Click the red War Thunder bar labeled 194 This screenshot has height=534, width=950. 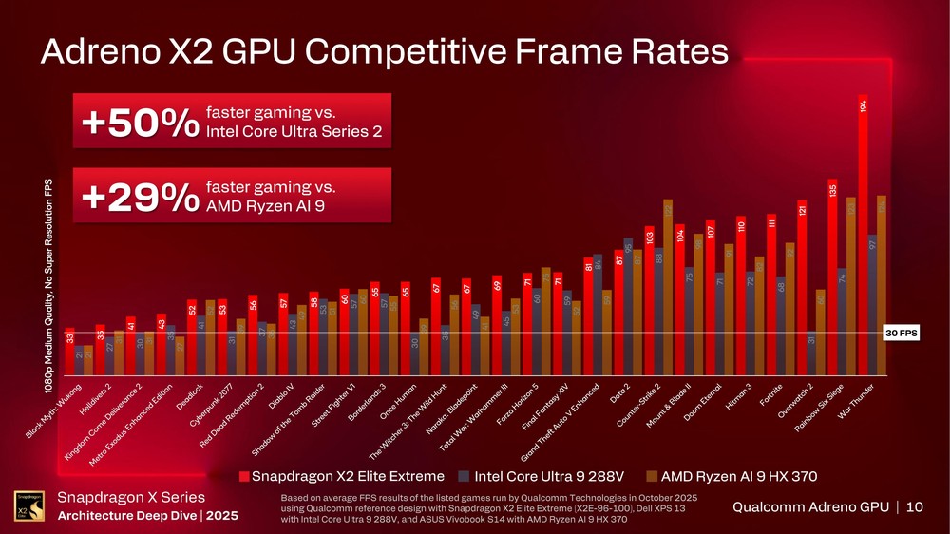(x=863, y=238)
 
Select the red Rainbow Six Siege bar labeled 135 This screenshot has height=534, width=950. (x=832, y=276)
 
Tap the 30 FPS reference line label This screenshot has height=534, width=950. (x=900, y=333)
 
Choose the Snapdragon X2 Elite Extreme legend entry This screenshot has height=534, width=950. (x=341, y=476)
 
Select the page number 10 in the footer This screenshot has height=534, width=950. (x=914, y=507)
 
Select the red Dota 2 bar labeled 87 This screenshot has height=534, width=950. (x=618, y=313)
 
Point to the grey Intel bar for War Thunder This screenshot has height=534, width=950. (x=872, y=304)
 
